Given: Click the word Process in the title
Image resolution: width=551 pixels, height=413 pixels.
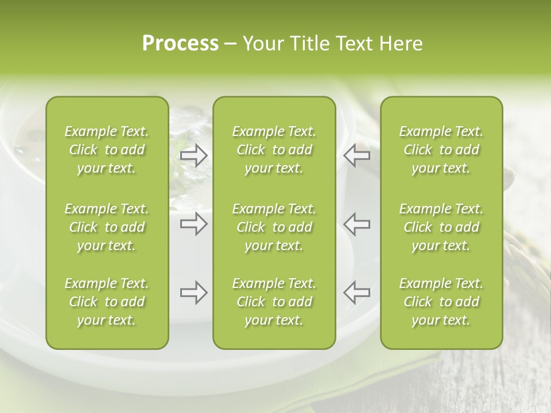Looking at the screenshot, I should pos(180,44).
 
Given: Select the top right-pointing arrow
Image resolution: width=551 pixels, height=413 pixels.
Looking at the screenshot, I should pos(194,155).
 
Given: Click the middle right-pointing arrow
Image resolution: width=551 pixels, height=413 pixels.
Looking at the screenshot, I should pos(194,224).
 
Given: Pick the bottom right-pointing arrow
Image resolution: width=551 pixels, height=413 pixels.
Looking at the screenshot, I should pos(194,293).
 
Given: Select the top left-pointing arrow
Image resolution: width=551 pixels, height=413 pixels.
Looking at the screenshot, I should pos(356,155).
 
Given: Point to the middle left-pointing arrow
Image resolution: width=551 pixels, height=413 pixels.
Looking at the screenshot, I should pos(356,224).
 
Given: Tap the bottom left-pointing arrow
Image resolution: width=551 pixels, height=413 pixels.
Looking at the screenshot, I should pos(356,293).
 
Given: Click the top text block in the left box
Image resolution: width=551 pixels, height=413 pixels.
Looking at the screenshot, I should pos(107,150).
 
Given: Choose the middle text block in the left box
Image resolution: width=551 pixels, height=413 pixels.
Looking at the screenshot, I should pos(107,227).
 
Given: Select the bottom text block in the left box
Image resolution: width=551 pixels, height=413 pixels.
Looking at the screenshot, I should pos(107,302).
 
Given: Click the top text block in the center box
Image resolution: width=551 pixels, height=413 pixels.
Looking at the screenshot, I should pos(274,150).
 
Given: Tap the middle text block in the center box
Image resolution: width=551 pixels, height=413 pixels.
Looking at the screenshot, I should pos(274,227).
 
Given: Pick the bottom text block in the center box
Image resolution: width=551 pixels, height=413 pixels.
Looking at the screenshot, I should pos(274,302).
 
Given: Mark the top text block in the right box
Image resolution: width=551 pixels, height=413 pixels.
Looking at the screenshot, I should pos(441,150).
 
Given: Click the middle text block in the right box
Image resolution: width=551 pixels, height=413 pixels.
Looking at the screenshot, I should pos(441,227).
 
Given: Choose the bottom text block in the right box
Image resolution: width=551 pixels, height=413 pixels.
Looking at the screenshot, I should pos(441,302).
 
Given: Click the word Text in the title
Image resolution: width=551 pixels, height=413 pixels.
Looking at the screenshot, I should pos(354,44).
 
